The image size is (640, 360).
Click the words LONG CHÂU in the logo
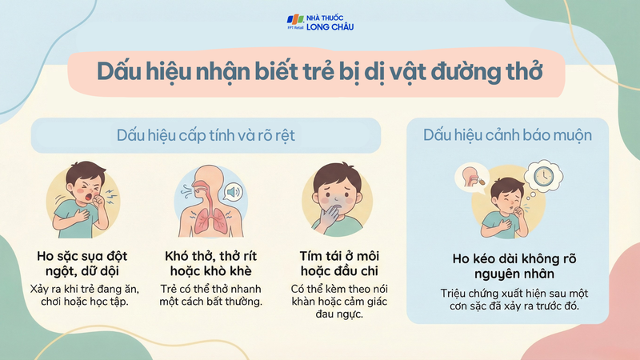330,27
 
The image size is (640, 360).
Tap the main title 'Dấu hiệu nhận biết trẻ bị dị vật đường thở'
320,70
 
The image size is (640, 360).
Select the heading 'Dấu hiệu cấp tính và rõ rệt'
206,136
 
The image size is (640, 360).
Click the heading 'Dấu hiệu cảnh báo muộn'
507,136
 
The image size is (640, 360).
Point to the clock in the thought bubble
541,175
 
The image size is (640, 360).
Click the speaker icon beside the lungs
233,193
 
